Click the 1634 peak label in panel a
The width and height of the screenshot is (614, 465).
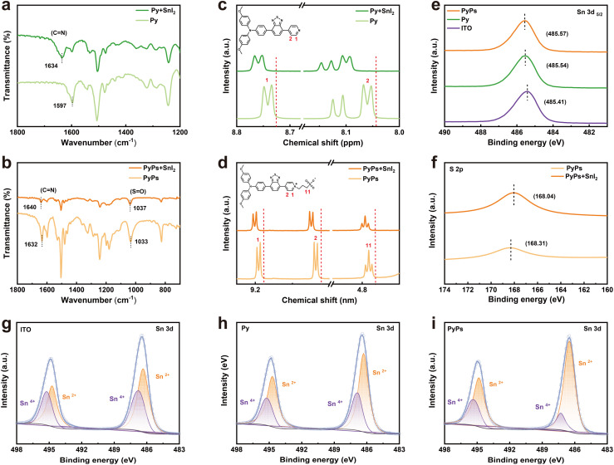[x=52, y=66]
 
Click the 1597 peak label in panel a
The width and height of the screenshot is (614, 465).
[x=61, y=105]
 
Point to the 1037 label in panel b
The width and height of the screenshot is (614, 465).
[x=140, y=208]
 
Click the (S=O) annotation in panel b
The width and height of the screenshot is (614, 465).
[x=138, y=191]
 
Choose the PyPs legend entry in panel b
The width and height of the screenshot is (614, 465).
[x=151, y=178]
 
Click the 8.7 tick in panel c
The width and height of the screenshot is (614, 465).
[x=290, y=132]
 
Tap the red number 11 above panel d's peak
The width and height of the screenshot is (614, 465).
[x=368, y=246]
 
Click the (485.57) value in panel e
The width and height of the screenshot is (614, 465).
[x=557, y=34]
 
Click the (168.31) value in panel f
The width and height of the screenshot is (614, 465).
[x=536, y=243]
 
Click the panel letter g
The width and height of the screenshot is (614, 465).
[x=7, y=328]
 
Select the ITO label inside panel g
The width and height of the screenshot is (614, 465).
[x=26, y=330]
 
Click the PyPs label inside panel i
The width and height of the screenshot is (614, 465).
[x=455, y=329]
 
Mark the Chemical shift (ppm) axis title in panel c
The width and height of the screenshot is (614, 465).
[x=323, y=143]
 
